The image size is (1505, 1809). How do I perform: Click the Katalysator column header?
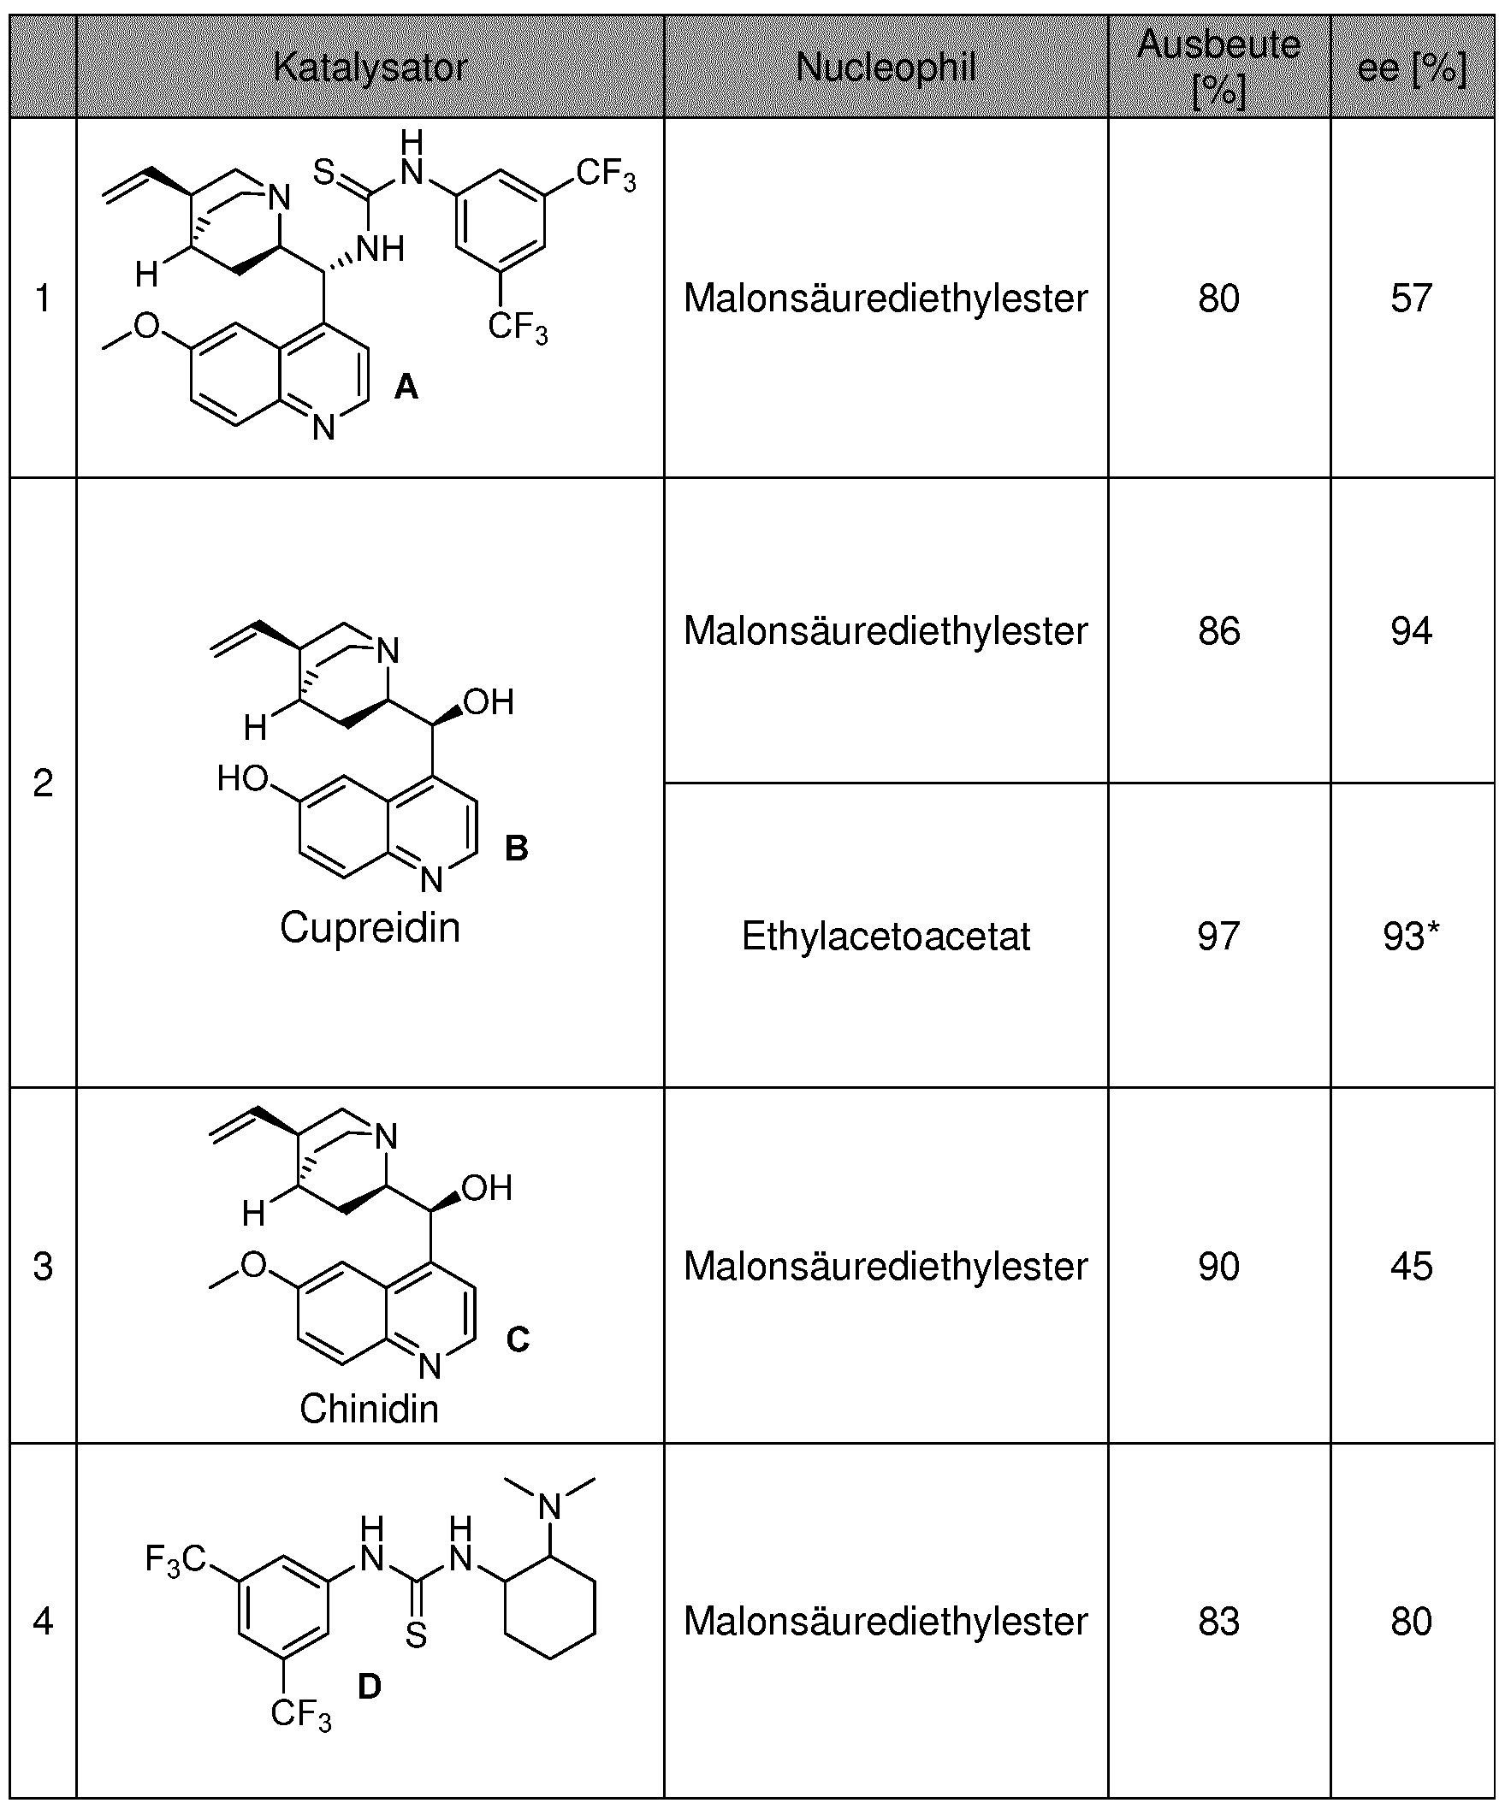click(370, 68)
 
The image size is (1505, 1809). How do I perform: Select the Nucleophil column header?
click(886, 68)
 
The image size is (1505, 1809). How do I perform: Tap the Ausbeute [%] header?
click(1218, 68)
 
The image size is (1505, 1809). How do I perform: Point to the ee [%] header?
click(1411, 68)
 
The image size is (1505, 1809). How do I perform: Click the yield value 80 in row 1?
click(1218, 298)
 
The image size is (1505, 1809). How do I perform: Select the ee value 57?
click(1411, 298)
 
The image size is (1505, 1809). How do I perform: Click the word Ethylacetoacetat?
click(886, 937)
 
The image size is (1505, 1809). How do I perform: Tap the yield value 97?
click(1218, 937)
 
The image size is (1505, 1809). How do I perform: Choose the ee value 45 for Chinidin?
click(1411, 1266)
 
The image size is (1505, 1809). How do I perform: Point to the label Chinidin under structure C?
click(369, 1410)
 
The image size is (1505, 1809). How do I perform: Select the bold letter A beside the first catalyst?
click(406, 388)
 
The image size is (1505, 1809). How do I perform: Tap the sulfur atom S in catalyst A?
click(323, 171)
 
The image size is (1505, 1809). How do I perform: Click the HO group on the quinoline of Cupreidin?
click(243, 778)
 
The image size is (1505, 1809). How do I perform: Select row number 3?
click(43, 1266)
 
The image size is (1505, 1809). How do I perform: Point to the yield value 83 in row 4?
click(1218, 1621)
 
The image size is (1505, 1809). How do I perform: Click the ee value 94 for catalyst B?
click(1411, 630)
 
